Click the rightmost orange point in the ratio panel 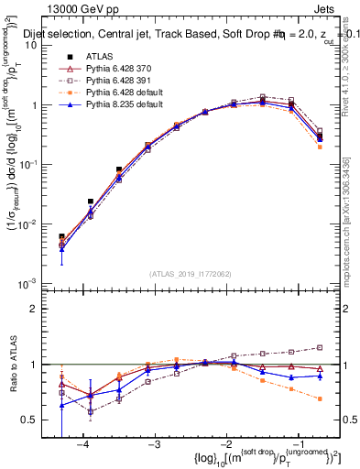point(320,398)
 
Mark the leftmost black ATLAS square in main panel point(61,236)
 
